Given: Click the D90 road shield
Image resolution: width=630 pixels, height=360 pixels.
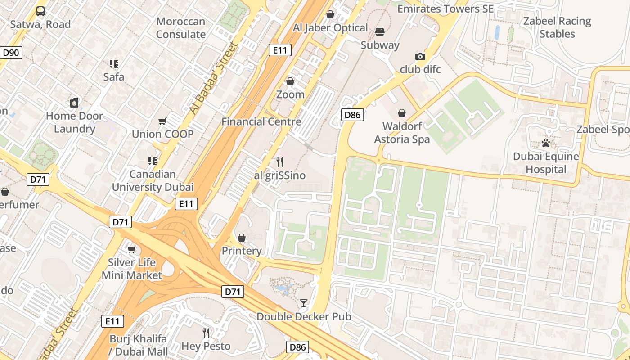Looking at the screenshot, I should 11,53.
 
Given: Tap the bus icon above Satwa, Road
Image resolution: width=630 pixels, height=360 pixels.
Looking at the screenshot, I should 40,11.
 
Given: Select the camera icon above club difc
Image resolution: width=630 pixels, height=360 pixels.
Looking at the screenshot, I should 420,56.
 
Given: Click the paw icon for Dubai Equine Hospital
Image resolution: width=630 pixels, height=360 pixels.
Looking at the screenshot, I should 546,144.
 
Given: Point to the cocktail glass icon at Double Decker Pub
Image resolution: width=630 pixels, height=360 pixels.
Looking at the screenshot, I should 304,303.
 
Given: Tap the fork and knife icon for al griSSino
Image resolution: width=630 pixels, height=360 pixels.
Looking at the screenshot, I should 280,162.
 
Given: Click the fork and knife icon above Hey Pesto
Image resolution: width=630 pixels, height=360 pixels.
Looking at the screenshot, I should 206,333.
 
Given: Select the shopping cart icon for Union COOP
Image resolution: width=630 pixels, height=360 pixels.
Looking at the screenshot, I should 162,121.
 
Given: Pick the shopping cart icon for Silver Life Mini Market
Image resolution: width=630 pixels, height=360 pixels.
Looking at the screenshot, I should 132,249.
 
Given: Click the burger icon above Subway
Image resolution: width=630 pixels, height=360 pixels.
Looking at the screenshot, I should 380,32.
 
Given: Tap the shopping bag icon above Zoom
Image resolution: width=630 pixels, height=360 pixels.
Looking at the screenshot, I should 290,81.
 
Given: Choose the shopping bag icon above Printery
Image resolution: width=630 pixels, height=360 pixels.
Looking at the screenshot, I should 242,238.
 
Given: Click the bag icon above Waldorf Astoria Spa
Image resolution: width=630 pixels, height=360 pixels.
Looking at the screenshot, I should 402,113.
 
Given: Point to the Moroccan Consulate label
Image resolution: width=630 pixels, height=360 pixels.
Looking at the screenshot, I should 180,28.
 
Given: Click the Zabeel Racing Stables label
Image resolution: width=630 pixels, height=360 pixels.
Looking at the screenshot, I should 557,27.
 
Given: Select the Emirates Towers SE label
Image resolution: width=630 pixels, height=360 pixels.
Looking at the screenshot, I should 445,9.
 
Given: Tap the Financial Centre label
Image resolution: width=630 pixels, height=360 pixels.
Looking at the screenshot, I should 261,121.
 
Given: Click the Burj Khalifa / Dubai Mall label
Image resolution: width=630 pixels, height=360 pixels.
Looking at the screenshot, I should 139,345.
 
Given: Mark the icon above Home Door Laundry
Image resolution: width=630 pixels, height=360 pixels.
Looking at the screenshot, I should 74,103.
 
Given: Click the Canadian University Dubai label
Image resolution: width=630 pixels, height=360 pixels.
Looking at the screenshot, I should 153,180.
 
